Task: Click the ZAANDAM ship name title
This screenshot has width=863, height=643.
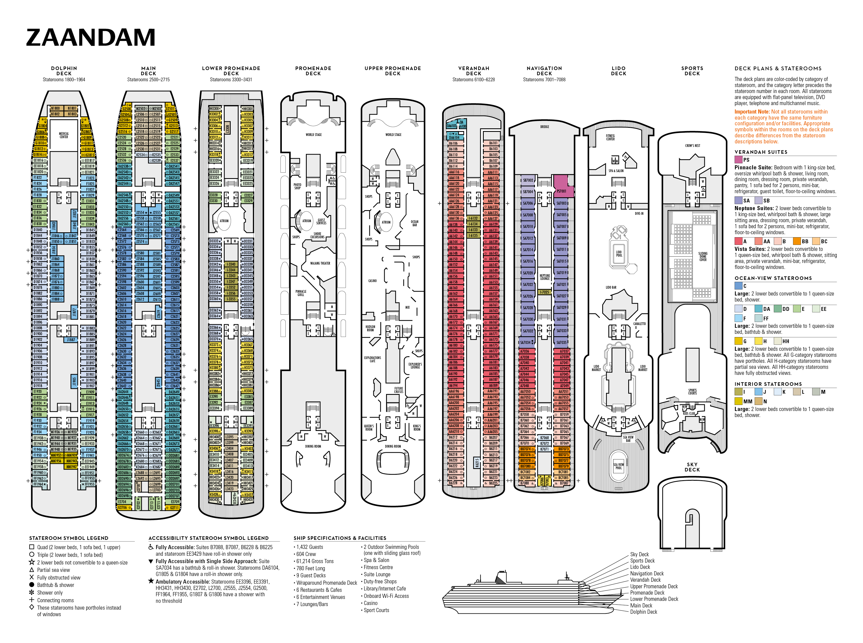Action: (x=91, y=38)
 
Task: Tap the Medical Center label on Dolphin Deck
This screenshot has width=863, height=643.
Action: (x=63, y=135)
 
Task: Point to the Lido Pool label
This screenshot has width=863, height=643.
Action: (x=619, y=253)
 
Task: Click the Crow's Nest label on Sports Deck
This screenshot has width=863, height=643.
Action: (x=693, y=146)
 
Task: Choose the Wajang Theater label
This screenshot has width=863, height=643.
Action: (x=320, y=263)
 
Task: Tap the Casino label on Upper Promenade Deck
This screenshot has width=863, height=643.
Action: (x=372, y=281)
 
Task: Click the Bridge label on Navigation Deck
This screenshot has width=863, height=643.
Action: (x=545, y=127)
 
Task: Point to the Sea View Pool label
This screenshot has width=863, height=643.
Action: (x=619, y=466)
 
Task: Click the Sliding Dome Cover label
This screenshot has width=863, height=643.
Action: (x=703, y=256)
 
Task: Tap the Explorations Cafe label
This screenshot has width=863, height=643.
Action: (x=372, y=359)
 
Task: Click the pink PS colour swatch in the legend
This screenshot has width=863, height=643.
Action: (x=738, y=160)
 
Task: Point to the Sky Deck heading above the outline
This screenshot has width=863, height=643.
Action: (x=692, y=467)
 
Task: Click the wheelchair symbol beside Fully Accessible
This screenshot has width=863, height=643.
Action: (x=151, y=547)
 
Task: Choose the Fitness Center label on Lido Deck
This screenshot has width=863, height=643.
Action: (x=610, y=137)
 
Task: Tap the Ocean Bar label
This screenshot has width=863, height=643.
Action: (x=415, y=223)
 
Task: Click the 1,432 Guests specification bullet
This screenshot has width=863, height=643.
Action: (x=309, y=547)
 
